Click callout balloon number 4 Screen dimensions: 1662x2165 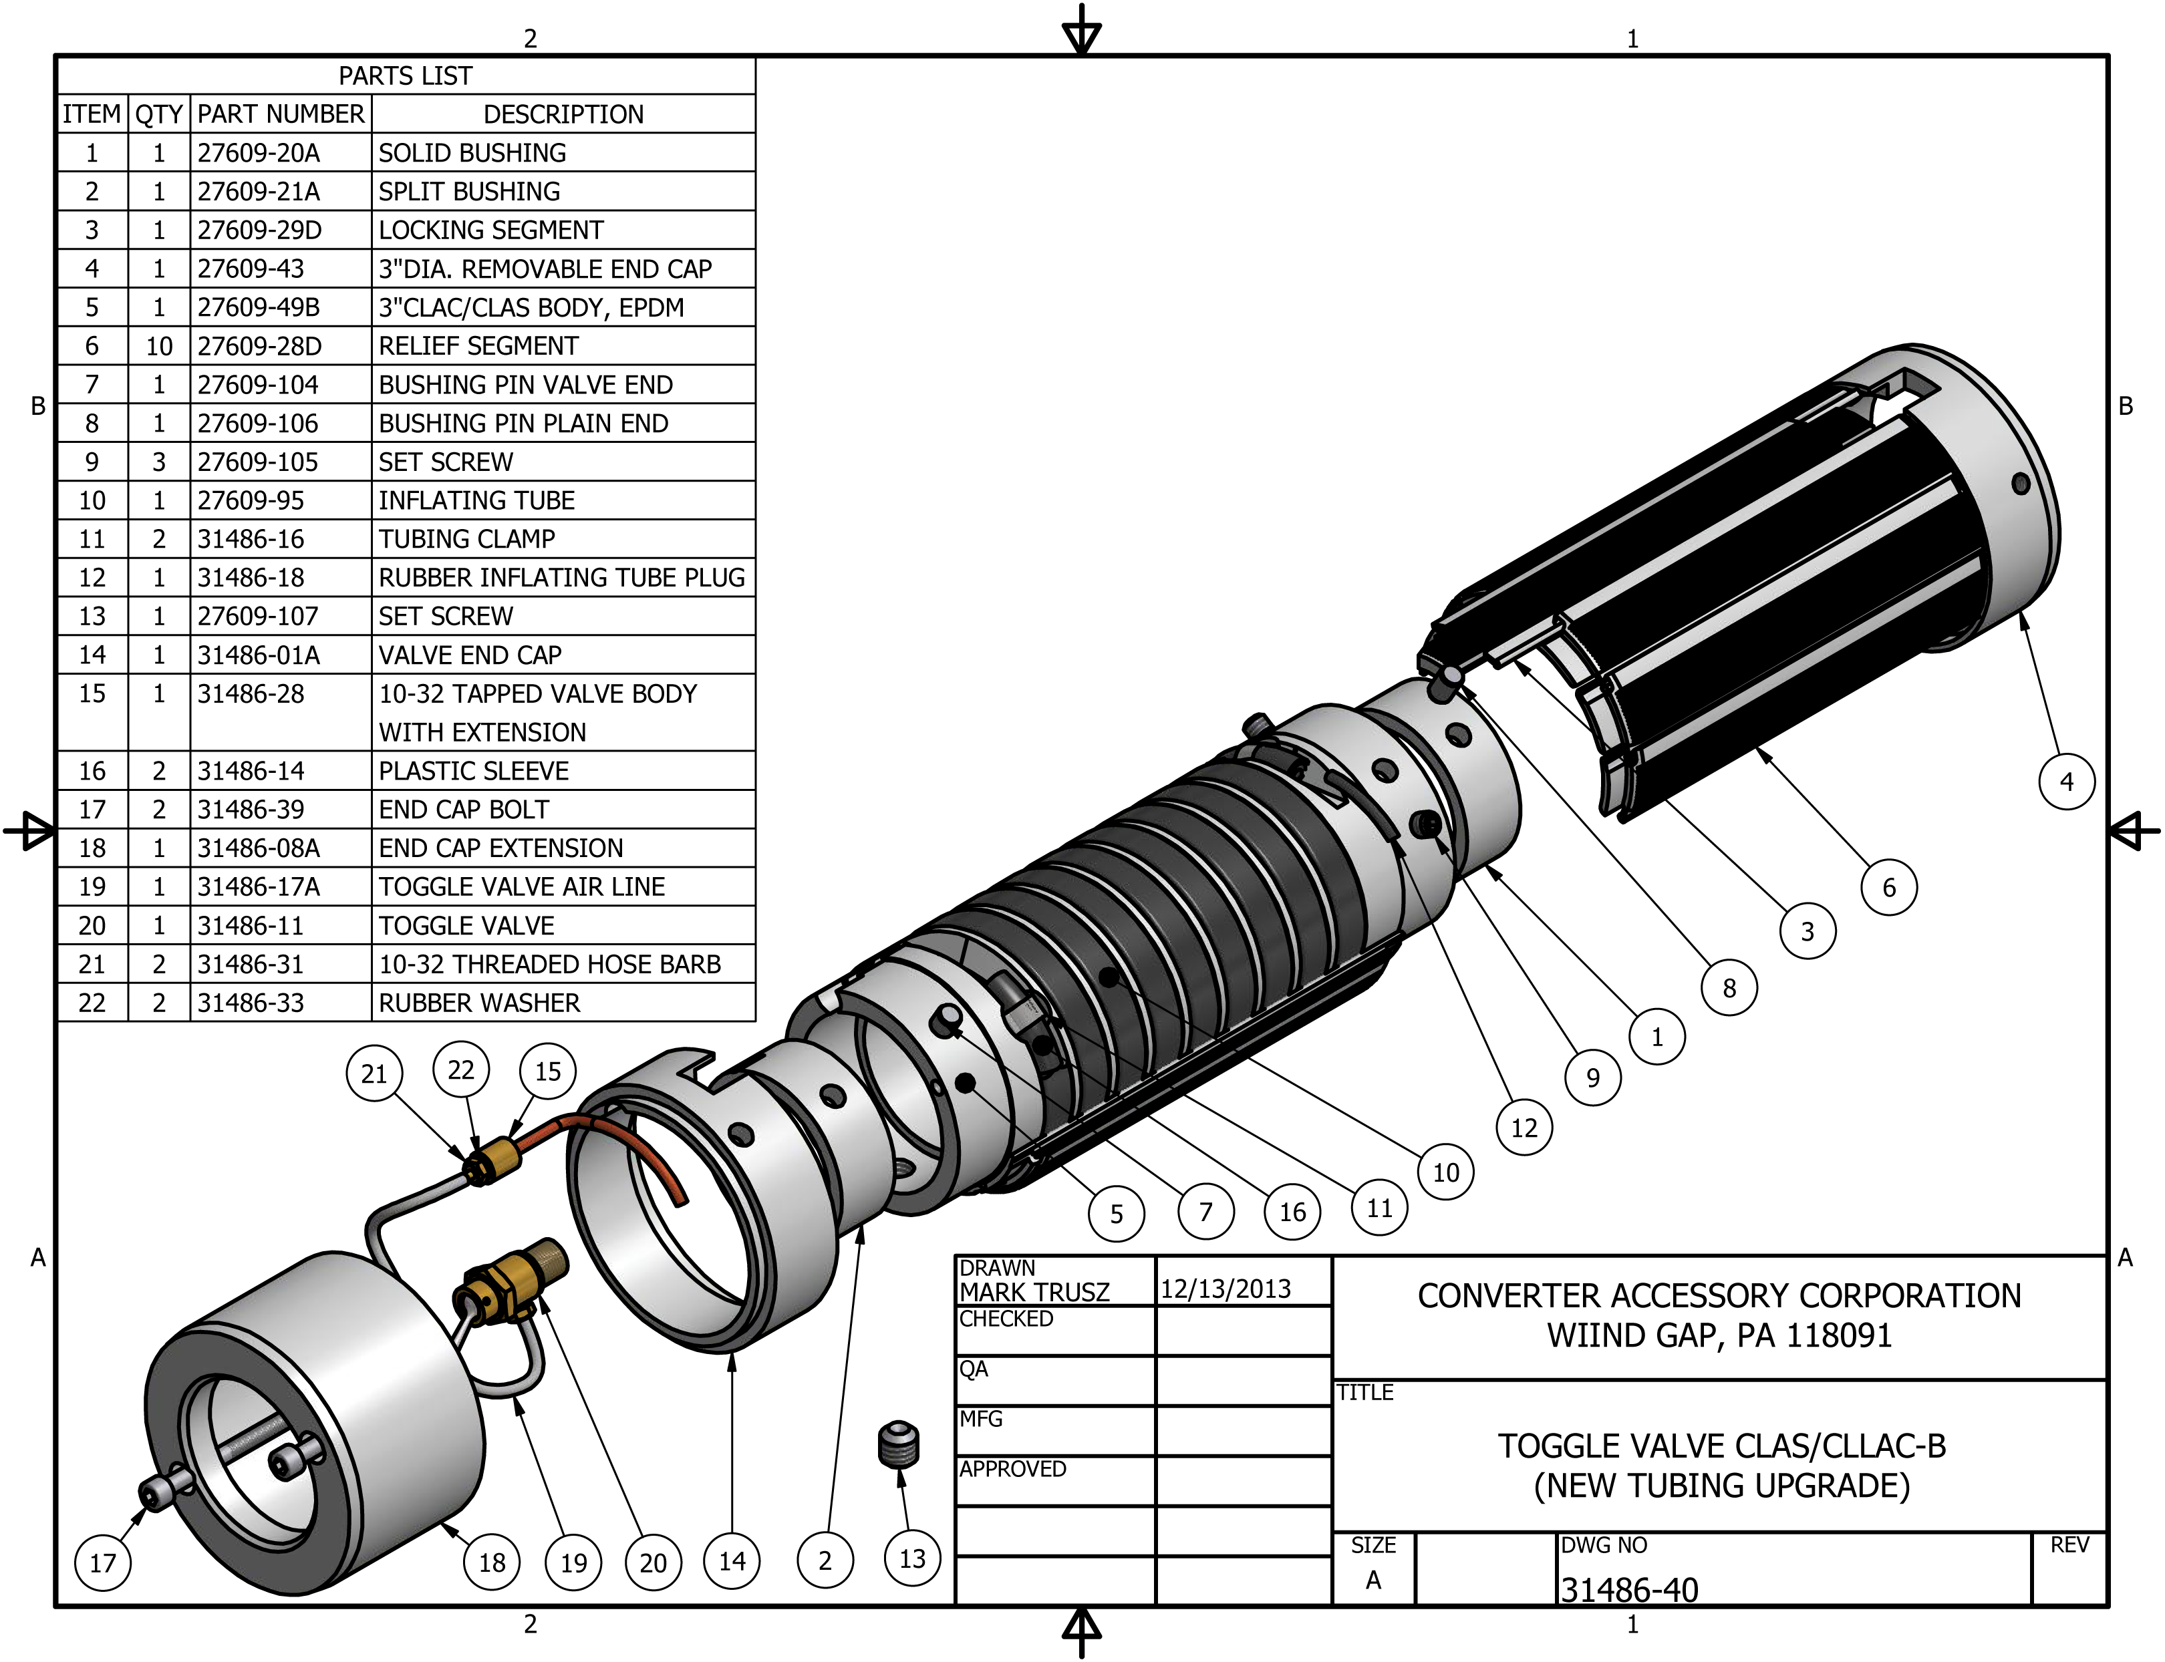2066,782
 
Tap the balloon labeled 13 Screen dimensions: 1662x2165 911,1559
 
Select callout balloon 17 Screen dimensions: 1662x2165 103,1563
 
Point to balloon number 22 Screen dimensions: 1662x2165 461,1069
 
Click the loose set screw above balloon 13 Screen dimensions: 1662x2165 899,1446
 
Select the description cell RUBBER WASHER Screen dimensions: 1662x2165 479,1003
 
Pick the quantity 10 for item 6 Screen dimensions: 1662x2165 158,346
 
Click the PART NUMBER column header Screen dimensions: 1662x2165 281,115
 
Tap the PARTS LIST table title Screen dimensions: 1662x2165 406,76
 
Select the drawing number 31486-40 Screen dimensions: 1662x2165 1628,1590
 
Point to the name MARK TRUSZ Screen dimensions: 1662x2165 1034,1292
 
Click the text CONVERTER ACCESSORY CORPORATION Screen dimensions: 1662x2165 1719,1296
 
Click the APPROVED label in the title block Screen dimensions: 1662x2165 1012,1469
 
